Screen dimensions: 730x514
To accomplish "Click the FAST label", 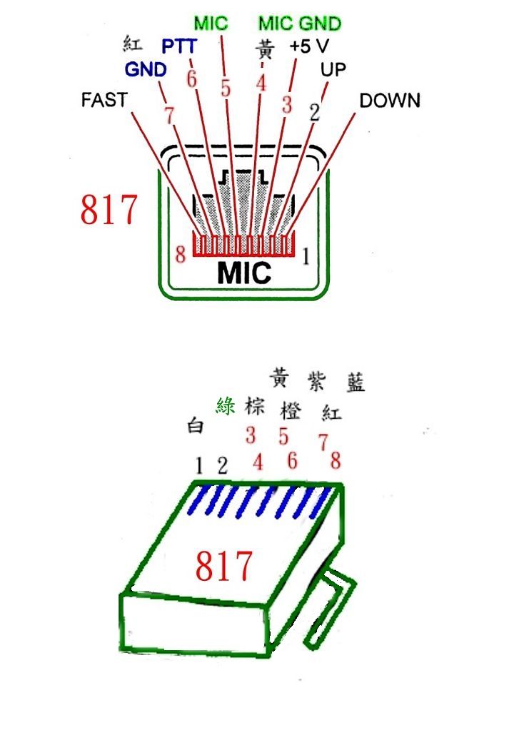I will [104, 100].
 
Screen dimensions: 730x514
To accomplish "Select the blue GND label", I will [146, 70].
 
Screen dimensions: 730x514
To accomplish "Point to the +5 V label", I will [309, 47].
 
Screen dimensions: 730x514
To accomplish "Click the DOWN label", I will [390, 101].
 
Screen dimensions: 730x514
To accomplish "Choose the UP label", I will [333, 70].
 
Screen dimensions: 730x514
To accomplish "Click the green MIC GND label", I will [300, 24].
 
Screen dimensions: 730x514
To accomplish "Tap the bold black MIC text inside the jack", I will [243, 273].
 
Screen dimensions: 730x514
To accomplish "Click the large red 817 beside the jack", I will [109, 211].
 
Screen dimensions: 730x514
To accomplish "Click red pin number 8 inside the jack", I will [181, 253].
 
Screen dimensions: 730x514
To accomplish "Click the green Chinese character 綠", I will [226, 406].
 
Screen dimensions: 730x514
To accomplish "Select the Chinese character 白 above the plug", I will [196, 427].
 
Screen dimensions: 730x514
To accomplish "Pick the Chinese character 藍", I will [354, 382].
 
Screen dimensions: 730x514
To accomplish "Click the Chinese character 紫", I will [316, 380].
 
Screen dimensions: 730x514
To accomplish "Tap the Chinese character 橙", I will [291, 412].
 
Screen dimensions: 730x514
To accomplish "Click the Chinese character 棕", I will [255, 406].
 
